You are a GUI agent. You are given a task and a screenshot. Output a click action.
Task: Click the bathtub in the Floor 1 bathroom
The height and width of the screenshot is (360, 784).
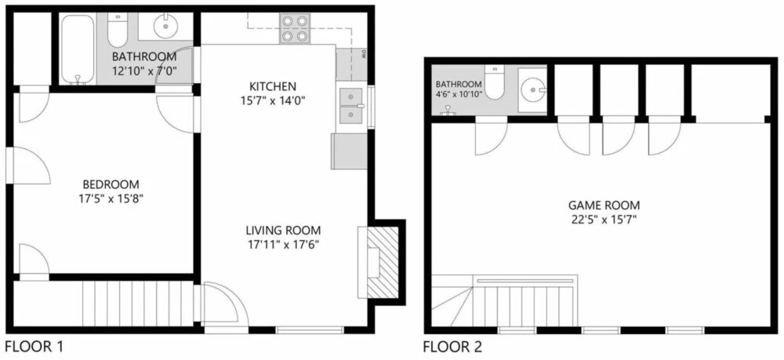(x=78, y=49)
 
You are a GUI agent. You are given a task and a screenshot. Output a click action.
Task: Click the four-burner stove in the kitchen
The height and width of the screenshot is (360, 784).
(x=295, y=28)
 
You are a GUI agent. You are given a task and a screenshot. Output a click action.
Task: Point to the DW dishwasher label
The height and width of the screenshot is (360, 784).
(x=365, y=53)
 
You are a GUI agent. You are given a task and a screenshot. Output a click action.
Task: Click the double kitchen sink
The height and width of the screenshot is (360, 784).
(x=351, y=106)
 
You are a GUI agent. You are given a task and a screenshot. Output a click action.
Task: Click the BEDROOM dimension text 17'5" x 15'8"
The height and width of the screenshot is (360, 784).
(x=111, y=198)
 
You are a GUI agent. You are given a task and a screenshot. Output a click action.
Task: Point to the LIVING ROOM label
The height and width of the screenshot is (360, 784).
(x=283, y=231)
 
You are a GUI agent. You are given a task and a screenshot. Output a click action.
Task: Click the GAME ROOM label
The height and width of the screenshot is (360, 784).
(x=604, y=205)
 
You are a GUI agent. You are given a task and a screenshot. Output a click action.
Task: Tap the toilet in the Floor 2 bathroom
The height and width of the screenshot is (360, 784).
(x=494, y=82)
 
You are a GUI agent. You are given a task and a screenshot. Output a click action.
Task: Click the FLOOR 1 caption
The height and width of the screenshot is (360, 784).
(x=34, y=346)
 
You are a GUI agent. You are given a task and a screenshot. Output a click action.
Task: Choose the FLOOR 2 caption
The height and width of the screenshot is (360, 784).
(x=453, y=347)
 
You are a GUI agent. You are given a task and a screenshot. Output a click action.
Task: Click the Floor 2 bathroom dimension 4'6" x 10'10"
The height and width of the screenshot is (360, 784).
(x=459, y=93)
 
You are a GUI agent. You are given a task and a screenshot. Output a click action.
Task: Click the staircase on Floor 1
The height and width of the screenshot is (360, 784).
(x=138, y=304)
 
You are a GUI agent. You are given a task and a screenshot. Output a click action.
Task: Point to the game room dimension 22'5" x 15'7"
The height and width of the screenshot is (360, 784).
(x=604, y=219)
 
